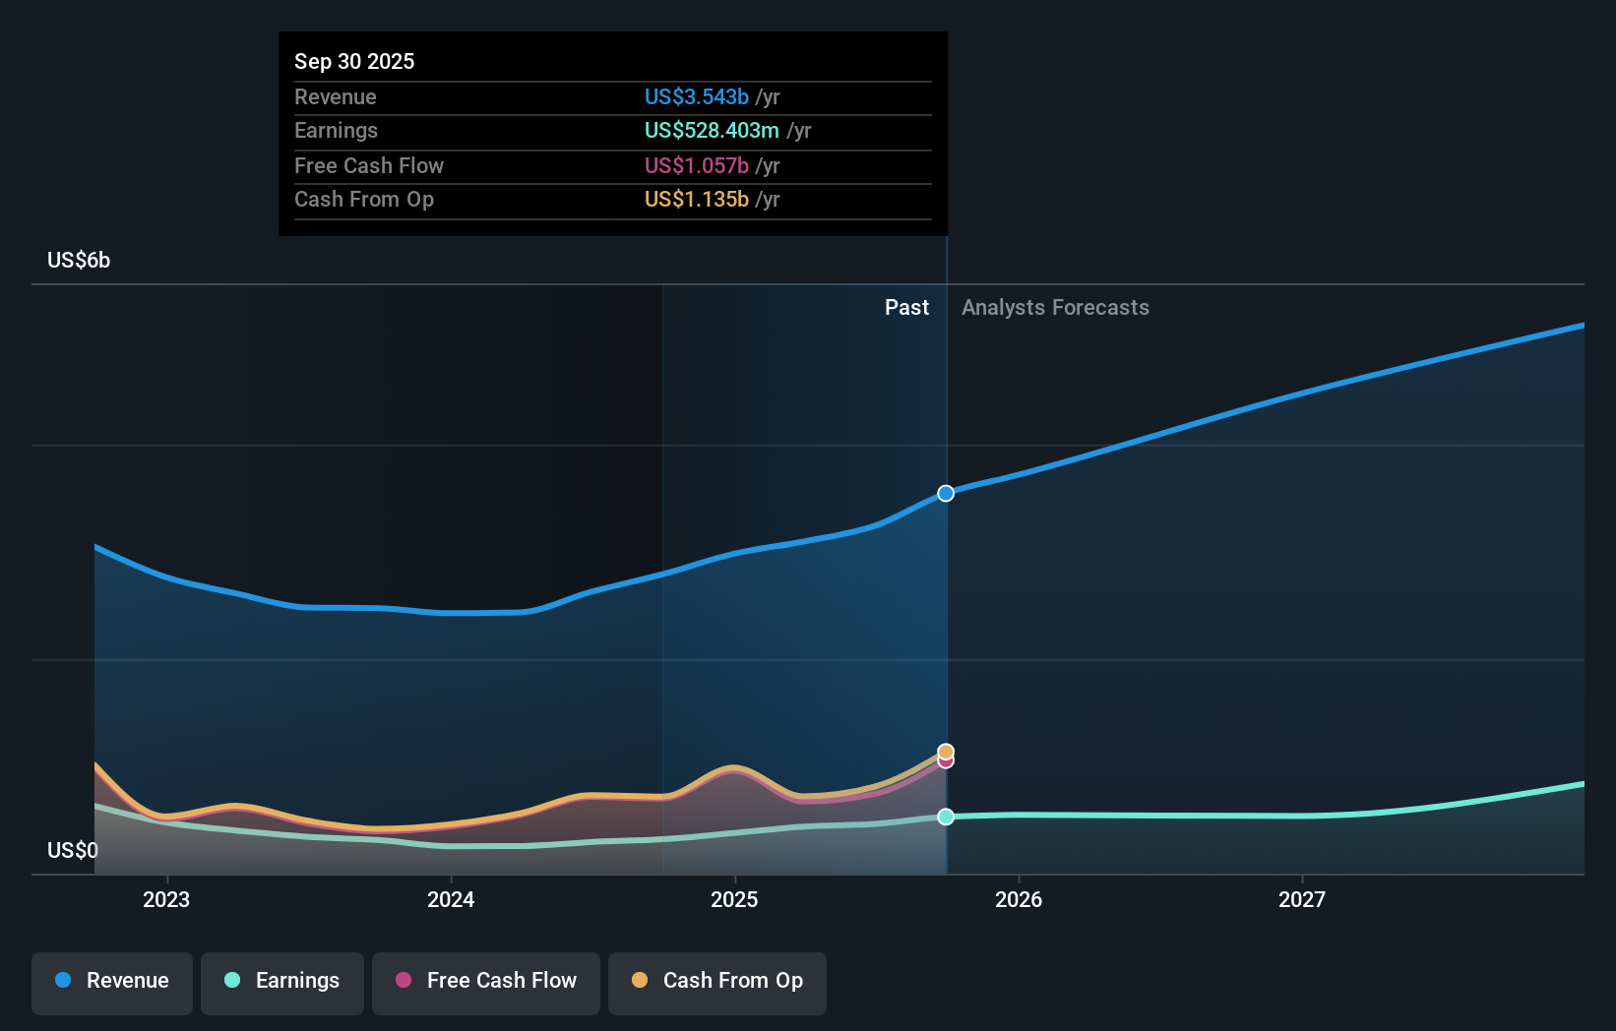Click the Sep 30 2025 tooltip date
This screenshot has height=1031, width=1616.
click(x=354, y=61)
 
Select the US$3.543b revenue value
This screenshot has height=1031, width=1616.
click(x=696, y=96)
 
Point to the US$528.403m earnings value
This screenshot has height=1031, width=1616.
click(x=711, y=130)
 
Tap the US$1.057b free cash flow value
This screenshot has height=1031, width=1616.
click(x=696, y=165)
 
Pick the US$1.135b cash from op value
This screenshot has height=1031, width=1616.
click(x=696, y=199)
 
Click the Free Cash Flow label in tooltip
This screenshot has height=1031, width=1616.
click(x=369, y=165)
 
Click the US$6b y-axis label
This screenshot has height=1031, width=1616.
click(x=79, y=260)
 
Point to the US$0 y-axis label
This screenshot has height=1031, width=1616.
click(x=73, y=850)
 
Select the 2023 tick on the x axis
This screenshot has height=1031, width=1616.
click(x=166, y=899)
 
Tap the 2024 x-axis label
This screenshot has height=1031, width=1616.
click(x=451, y=899)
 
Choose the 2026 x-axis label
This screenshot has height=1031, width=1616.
click(x=1019, y=899)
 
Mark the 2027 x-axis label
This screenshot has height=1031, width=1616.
click(x=1302, y=899)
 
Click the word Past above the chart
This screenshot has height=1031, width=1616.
click(x=906, y=307)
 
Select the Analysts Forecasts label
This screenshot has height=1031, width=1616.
click(x=1055, y=307)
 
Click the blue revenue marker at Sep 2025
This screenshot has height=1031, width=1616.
click(x=946, y=493)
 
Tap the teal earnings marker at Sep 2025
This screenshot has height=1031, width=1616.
click(x=946, y=817)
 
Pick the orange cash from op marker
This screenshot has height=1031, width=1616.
click(x=946, y=751)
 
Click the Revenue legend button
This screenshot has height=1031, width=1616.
click(x=112, y=981)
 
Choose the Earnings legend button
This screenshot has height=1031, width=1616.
click(x=282, y=981)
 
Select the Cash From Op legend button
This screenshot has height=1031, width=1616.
click(x=717, y=981)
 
